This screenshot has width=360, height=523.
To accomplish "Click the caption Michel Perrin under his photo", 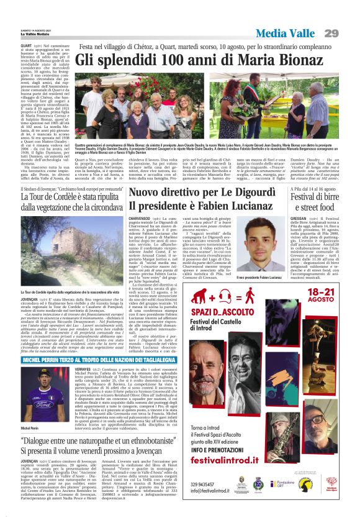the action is click(x=30, y=428).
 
